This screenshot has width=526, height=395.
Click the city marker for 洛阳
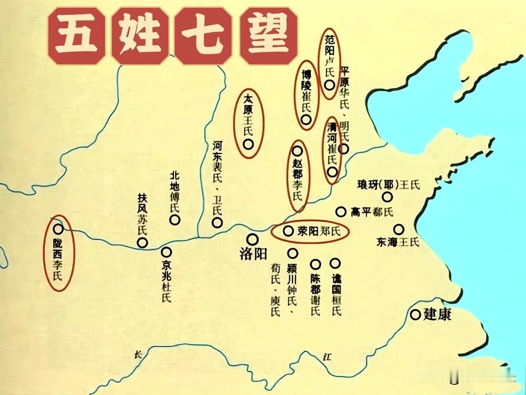point(252,239)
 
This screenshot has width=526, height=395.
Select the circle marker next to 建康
point(416,315)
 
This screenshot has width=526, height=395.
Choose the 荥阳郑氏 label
point(319,231)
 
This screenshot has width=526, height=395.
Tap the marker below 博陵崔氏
point(306,120)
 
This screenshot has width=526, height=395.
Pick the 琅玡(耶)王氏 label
point(389,185)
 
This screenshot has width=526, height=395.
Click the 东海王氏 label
point(397,242)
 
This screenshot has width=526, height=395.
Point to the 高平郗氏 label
point(372,212)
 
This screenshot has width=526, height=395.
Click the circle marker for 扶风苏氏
point(142,243)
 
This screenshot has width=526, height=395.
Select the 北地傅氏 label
point(175,192)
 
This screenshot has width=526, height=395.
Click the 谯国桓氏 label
point(336,295)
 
